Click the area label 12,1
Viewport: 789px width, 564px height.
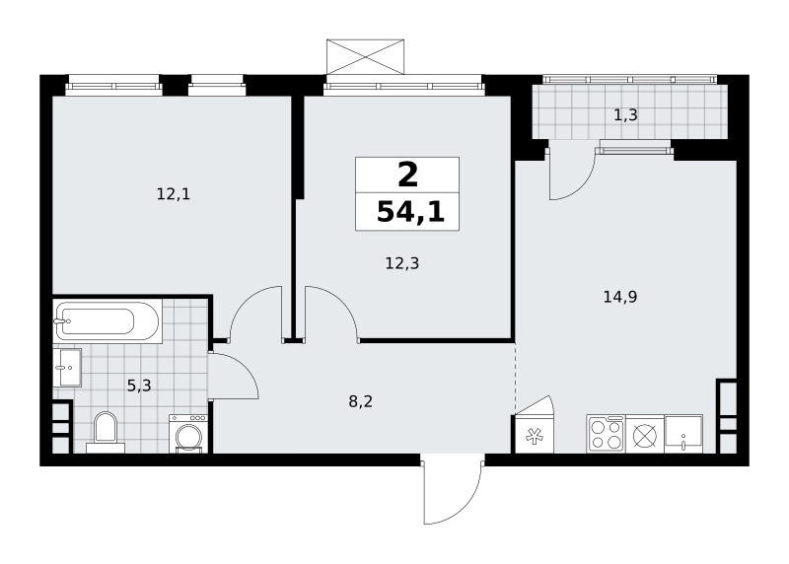174,194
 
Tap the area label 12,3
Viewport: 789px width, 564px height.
402,263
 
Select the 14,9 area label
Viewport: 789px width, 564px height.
620,297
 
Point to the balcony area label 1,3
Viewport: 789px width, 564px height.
625,115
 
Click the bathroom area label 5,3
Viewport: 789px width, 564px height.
139,386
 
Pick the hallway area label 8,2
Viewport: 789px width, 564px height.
361,401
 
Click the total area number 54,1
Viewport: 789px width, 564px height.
410,212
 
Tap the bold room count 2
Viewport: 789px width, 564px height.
407,176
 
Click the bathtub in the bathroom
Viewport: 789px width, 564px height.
108,321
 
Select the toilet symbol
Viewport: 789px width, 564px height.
106,432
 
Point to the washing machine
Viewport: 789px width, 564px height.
188,434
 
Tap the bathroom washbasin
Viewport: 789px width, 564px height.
67,368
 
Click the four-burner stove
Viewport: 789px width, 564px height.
606,434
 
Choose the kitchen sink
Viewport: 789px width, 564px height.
683,434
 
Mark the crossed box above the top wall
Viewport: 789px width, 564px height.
365,57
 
